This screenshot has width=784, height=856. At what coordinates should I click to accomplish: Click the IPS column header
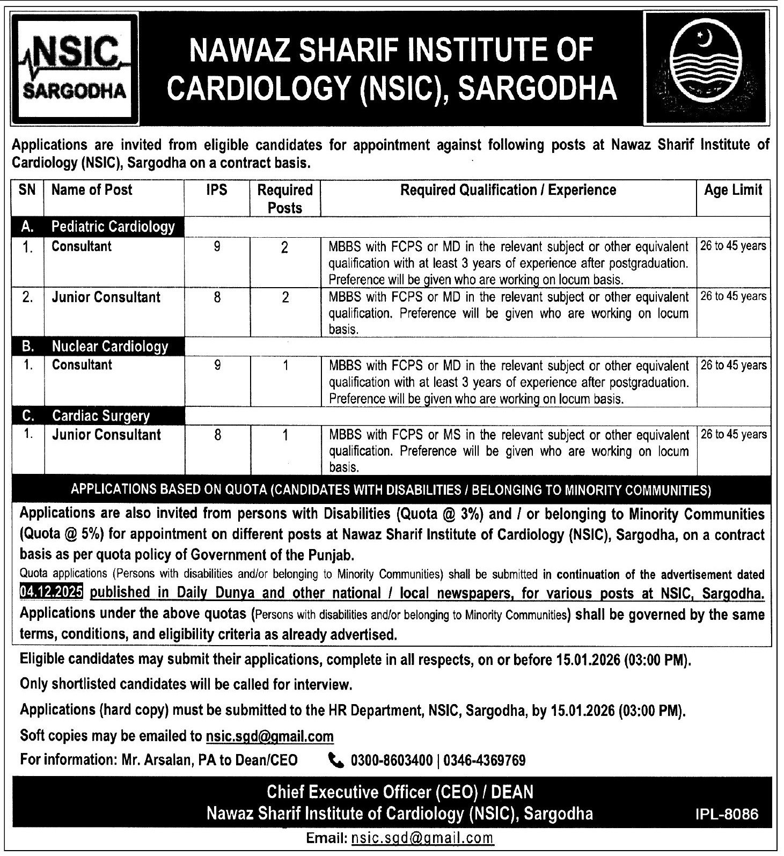click(x=217, y=190)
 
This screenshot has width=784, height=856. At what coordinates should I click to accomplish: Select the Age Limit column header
click(x=733, y=190)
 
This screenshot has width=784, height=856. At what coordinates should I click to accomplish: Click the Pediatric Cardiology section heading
click(x=113, y=226)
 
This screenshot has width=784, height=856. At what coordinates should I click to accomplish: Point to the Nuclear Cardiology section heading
click(x=110, y=347)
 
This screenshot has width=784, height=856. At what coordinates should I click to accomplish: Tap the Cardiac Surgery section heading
click(x=101, y=416)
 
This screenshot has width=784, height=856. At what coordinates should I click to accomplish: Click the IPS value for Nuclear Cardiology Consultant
click(x=217, y=365)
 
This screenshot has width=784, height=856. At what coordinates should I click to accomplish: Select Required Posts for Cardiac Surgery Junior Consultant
click(x=285, y=435)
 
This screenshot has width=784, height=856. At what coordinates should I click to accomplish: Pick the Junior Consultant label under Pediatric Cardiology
click(x=106, y=297)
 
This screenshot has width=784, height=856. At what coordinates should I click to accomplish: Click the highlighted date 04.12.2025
click(x=51, y=592)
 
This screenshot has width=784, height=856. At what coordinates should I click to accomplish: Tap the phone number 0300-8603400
click(x=392, y=760)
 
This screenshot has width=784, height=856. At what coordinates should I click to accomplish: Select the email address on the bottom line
click(x=421, y=838)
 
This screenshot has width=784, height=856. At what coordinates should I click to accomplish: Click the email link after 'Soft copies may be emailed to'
click(x=269, y=736)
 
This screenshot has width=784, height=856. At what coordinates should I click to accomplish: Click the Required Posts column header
click(x=285, y=199)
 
